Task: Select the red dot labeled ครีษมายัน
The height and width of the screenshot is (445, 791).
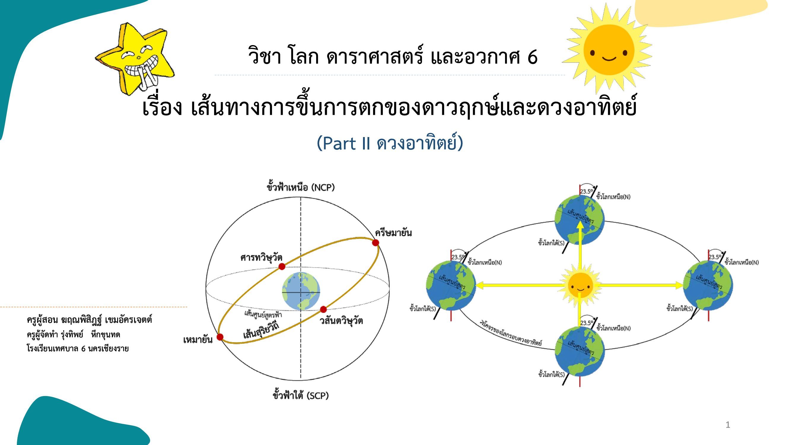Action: [375, 243]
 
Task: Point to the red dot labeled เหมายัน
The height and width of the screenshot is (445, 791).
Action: [220, 337]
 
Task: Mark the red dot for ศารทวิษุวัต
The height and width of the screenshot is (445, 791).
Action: [281, 266]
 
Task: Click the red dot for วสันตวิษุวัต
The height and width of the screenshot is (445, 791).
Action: [323, 309]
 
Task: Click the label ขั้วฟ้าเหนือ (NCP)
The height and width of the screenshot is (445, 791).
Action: [301, 187]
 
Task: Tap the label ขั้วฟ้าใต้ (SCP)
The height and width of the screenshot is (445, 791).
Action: [301, 395]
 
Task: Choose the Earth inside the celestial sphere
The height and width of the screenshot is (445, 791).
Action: [301, 291]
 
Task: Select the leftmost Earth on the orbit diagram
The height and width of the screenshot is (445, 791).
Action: [451, 285]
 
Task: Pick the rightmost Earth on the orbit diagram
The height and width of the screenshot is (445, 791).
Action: [708, 285]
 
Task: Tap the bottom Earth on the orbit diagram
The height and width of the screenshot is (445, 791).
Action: [580, 351]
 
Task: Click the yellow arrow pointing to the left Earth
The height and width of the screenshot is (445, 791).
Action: [519, 285]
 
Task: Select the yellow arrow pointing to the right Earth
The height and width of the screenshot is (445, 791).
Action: [641, 285]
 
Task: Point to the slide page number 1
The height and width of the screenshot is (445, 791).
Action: [728, 425]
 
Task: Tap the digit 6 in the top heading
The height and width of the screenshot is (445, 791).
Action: [532, 57]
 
